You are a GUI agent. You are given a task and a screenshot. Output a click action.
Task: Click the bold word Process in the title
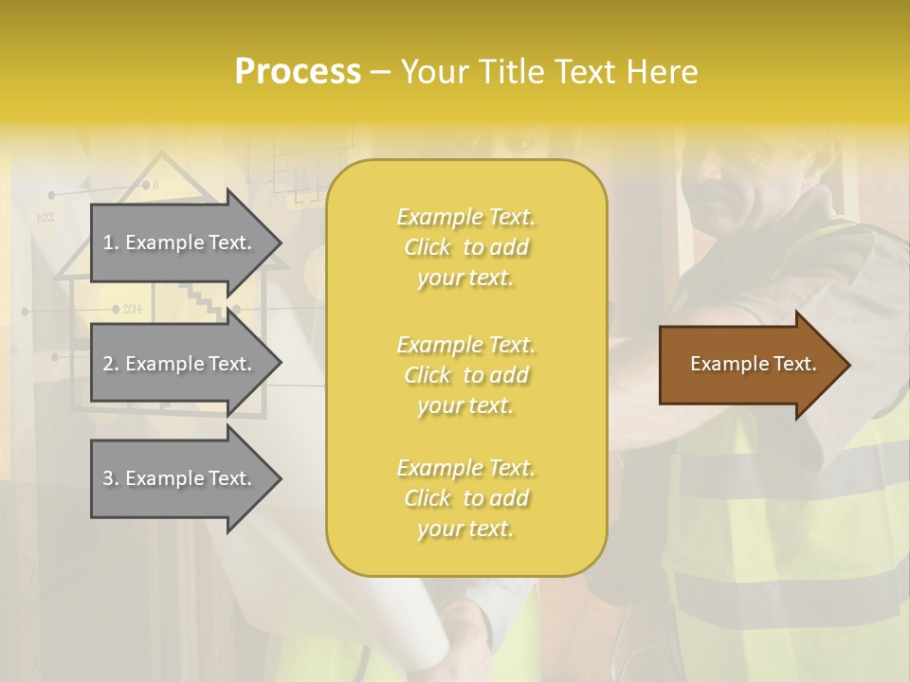coord(298,72)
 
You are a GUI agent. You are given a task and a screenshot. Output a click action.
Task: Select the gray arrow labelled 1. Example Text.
coord(180,242)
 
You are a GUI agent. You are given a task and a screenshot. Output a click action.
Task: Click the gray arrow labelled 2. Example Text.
coord(180,364)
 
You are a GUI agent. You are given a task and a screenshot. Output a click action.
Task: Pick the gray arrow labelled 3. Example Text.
coord(180,478)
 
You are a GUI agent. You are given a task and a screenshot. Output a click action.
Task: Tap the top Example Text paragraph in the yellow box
coord(465,247)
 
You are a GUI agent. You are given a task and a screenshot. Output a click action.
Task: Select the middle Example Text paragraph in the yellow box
coord(465,375)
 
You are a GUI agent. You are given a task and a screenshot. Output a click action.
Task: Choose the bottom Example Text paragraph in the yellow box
coord(465,498)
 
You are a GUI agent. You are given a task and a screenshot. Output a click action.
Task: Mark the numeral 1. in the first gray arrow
coord(111,242)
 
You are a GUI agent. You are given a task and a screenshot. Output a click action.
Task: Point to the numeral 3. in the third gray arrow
coord(111,478)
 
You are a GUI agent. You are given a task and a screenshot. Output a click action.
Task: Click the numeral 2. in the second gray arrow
coord(111,364)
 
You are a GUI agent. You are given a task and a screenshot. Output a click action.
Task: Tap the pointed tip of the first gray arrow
coord(280,243)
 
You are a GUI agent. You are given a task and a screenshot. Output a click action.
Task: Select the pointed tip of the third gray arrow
coord(280,478)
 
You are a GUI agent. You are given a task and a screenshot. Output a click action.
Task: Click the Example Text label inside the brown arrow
coord(754,364)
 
